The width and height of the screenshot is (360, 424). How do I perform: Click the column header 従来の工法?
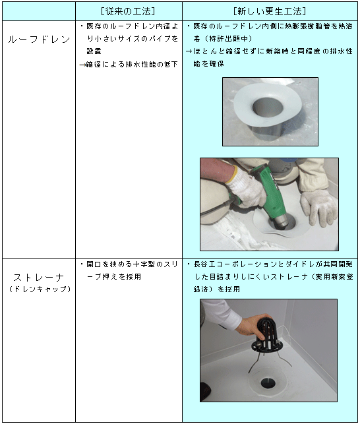click(129, 11)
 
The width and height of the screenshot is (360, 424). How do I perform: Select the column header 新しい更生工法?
click(270, 11)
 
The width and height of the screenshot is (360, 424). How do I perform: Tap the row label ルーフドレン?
click(39, 40)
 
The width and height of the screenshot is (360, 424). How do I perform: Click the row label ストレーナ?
click(39, 278)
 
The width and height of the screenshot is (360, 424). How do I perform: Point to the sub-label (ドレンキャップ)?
click(40, 289)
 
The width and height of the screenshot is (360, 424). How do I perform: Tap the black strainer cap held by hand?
click(267, 335)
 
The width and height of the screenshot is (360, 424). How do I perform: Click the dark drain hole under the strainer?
click(268, 382)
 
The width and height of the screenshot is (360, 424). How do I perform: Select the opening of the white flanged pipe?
click(268, 106)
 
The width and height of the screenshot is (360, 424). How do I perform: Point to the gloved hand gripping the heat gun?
click(245, 189)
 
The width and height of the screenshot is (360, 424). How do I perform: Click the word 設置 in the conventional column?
click(94, 51)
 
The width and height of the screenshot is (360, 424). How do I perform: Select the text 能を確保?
click(208, 63)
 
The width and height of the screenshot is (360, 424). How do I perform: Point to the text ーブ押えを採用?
click(114, 277)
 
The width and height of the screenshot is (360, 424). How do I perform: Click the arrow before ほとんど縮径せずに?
click(189, 51)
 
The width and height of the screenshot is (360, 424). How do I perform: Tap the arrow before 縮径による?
click(82, 65)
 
